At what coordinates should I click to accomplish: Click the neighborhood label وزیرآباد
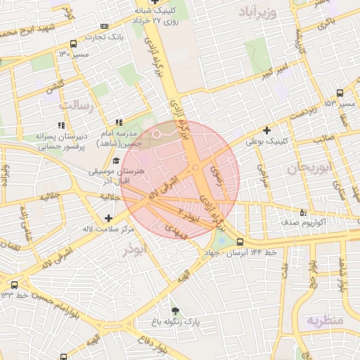pyautogui.click(x=267, y=12)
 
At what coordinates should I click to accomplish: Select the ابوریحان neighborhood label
pyautogui.click(x=307, y=168)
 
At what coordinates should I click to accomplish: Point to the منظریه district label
pyautogui.click(x=324, y=321)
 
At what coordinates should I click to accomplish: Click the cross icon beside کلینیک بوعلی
pyautogui.click(x=266, y=129)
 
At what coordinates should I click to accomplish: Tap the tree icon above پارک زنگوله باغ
pyautogui.click(x=174, y=310)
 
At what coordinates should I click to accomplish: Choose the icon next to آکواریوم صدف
pyautogui.click(x=303, y=211)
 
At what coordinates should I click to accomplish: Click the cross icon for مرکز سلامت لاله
pyautogui.click(x=108, y=218)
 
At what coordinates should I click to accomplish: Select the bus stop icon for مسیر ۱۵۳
pyautogui.click(x=340, y=92)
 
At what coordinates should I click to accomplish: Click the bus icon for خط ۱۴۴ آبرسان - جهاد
pyautogui.click(x=240, y=243)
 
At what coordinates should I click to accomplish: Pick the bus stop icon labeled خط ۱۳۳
pyautogui.click(x=14, y=285)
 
